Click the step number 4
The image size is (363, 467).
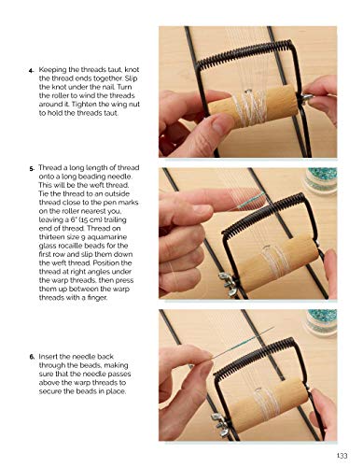33,69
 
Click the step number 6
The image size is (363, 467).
33,356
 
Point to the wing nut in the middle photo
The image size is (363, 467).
224,277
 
